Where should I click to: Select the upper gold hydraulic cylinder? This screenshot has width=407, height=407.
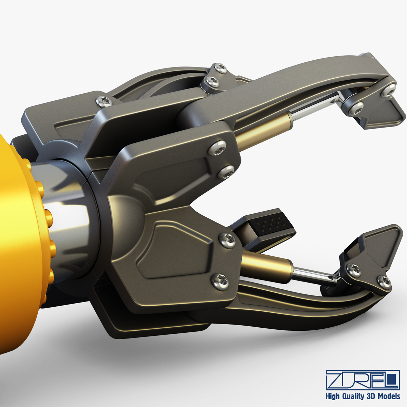263,131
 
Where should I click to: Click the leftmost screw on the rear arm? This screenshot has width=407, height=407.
104,100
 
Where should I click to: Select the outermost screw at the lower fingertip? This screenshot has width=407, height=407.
384,280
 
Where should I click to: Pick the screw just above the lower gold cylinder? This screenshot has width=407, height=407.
227,240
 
